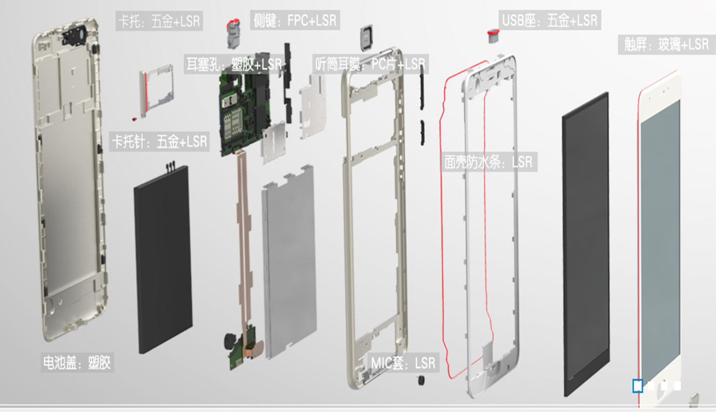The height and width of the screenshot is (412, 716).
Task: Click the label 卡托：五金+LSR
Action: (159, 22)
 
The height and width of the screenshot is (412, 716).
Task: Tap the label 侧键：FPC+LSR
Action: (295, 21)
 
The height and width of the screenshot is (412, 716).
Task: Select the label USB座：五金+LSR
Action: (550, 21)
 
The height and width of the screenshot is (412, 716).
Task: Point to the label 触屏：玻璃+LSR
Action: (666, 44)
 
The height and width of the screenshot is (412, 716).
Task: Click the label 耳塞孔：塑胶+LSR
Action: (233, 64)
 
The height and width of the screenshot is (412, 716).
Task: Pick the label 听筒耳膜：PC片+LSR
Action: (370, 64)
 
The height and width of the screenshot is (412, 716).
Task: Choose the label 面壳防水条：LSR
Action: (488, 162)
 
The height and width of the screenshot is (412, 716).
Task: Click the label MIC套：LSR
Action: (403, 363)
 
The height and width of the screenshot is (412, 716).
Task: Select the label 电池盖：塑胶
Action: (76, 362)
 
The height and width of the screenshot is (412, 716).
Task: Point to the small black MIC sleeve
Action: (420, 381)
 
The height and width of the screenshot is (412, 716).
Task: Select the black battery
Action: (163, 260)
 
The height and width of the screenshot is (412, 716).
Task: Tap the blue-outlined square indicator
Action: (638, 386)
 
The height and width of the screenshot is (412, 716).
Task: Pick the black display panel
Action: (585, 243)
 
